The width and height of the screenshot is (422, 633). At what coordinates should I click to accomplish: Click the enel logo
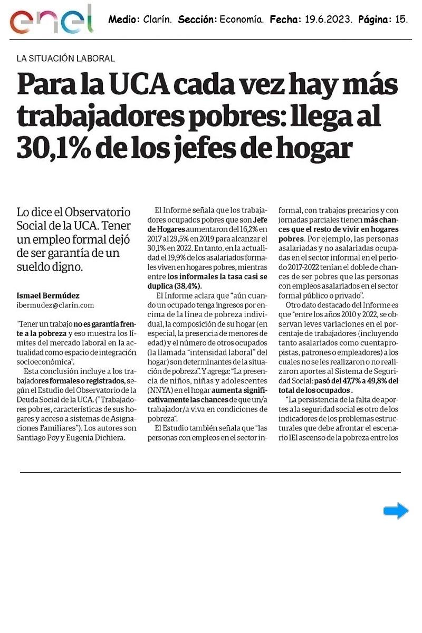(52, 20)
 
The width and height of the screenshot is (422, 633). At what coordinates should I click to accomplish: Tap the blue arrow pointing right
(396, 511)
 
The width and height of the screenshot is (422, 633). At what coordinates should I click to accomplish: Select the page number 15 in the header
(401, 20)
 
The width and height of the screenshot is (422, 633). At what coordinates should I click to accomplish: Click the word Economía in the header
(241, 20)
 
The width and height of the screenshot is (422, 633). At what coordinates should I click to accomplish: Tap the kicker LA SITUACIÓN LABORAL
(66, 59)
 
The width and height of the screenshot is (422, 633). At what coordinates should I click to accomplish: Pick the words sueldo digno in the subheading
(50, 267)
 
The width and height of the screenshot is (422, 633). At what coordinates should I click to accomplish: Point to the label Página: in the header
(374, 20)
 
